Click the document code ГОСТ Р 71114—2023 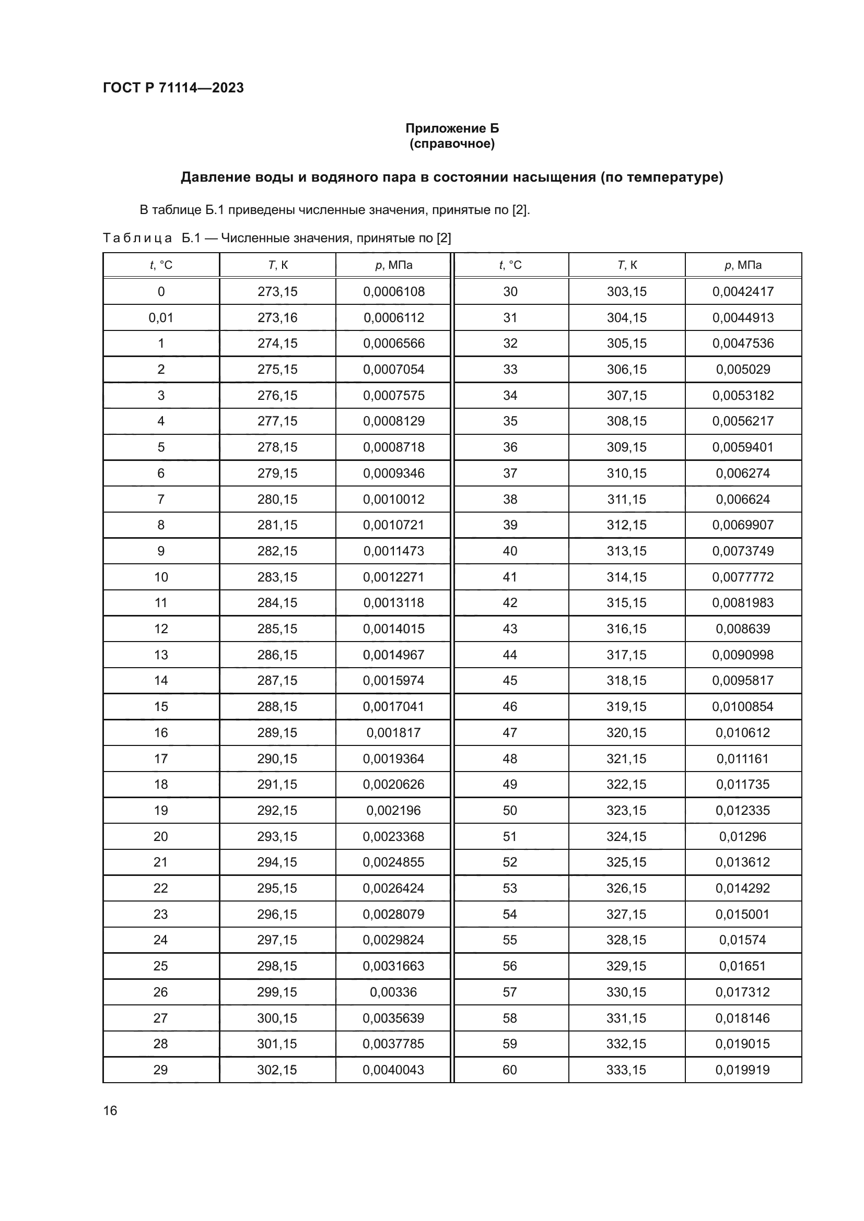[x=173, y=88]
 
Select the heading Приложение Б [x=452, y=128]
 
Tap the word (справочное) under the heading [x=452, y=144]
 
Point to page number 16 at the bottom [x=110, y=1110]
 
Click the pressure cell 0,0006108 [x=394, y=291]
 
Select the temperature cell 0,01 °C [x=161, y=317]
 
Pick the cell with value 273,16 [x=277, y=317]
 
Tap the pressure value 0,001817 [x=394, y=732]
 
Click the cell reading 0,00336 [x=394, y=992]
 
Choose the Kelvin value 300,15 [x=277, y=1018]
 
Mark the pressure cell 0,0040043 [x=394, y=1070]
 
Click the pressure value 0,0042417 [x=743, y=291]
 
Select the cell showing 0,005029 [x=743, y=369]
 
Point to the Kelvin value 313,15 [x=627, y=551]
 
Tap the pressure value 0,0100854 [x=743, y=706]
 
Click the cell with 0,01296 [x=743, y=836]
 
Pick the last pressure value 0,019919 [x=743, y=1070]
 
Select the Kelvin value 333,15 [x=627, y=1070]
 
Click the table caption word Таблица [x=137, y=238]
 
